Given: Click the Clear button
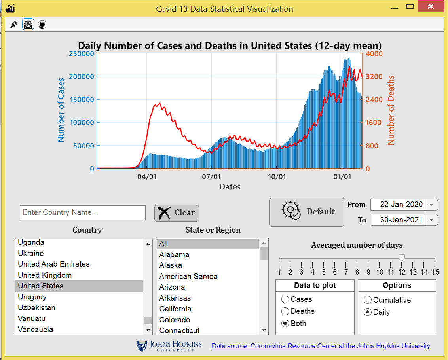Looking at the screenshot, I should pyautogui.click(x=177, y=213).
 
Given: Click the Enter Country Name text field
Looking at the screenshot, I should pyautogui.click(x=83, y=212).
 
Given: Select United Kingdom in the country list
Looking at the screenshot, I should pyautogui.click(x=45, y=275).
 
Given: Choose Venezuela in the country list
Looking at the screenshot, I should pyautogui.click(x=36, y=329).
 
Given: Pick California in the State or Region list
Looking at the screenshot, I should pyautogui.click(x=175, y=309).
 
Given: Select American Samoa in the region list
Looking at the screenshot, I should pyautogui.click(x=188, y=276).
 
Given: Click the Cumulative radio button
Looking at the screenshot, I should pyautogui.click(x=368, y=300).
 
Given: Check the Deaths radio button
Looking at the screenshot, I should pyautogui.click(x=285, y=311).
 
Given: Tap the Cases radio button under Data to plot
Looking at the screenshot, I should pyautogui.click(x=285, y=299).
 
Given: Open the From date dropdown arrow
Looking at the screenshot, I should pyautogui.click(x=432, y=205).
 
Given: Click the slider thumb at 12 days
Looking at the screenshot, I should pyautogui.click(x=402, y=258).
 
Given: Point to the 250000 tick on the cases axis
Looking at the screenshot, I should pyautogui.click(x=81, y=53).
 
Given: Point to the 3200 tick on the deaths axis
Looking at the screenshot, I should pyautogui.click(x=374, y=76).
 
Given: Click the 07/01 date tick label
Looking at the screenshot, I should pyautogui.click(x=211, y=177).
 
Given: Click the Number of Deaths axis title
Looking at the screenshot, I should pyautogui.click(x=391, y=110).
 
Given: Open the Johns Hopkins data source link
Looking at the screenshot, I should pyautogui.click(x=321, y=346).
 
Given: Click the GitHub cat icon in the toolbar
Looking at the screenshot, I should pyautogui.click(x=42, y=25).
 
